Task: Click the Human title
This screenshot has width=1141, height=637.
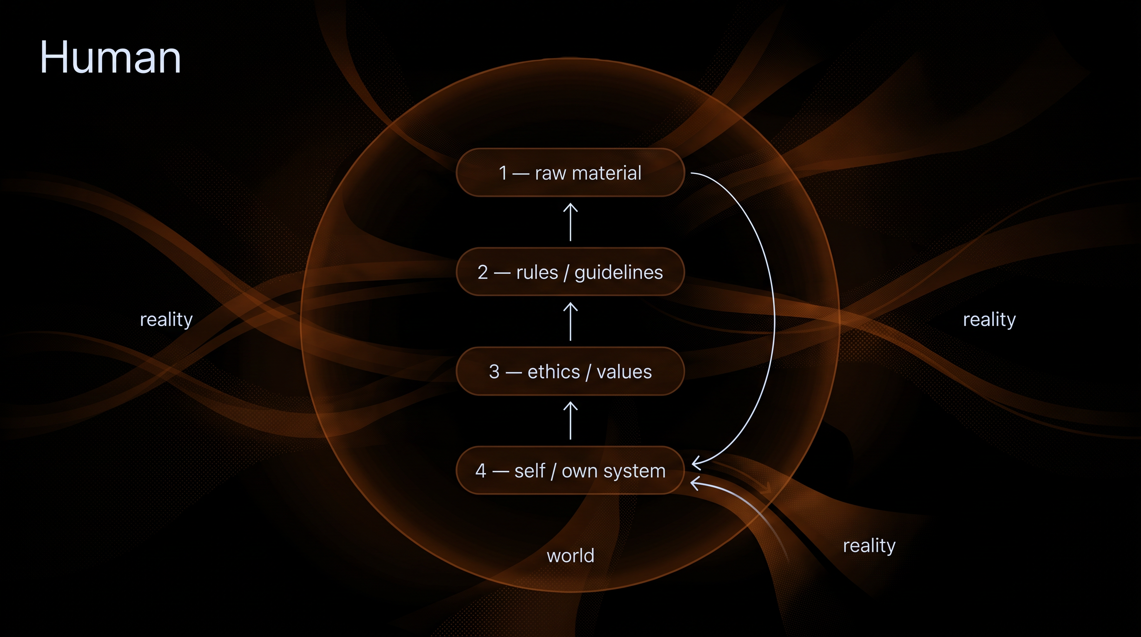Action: (x=110, y=57)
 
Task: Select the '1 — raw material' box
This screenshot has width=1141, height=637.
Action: (x=570, y=173)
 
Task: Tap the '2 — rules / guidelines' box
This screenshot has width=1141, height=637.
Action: (x=570, y=272)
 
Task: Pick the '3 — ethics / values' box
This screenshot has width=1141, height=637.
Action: (x=570, y=371)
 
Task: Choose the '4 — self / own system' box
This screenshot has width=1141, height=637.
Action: (x=570, y=470)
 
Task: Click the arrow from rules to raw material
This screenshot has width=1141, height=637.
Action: (x=570, y=222)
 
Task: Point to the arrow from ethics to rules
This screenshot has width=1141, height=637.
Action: (x=570, y=321)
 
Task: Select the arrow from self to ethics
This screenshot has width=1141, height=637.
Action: (x=570, y=421)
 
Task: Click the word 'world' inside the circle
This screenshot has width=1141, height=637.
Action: (x=570, y=555)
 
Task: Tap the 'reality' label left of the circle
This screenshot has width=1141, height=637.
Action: (x=166, y=319)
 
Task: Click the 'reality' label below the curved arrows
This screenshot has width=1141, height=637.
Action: (x=869, y=546)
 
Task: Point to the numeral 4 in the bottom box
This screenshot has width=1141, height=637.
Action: (x=481, y=471)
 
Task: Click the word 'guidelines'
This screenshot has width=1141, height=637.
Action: (x=618, y=273)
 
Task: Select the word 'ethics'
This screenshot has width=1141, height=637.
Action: (x=554, y=372)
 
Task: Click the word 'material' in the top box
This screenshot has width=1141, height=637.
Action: (x=607, y=173)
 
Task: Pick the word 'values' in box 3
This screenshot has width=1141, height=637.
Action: (x=624, y=372)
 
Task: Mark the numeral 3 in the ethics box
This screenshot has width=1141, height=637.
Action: (x=494, y=372)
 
